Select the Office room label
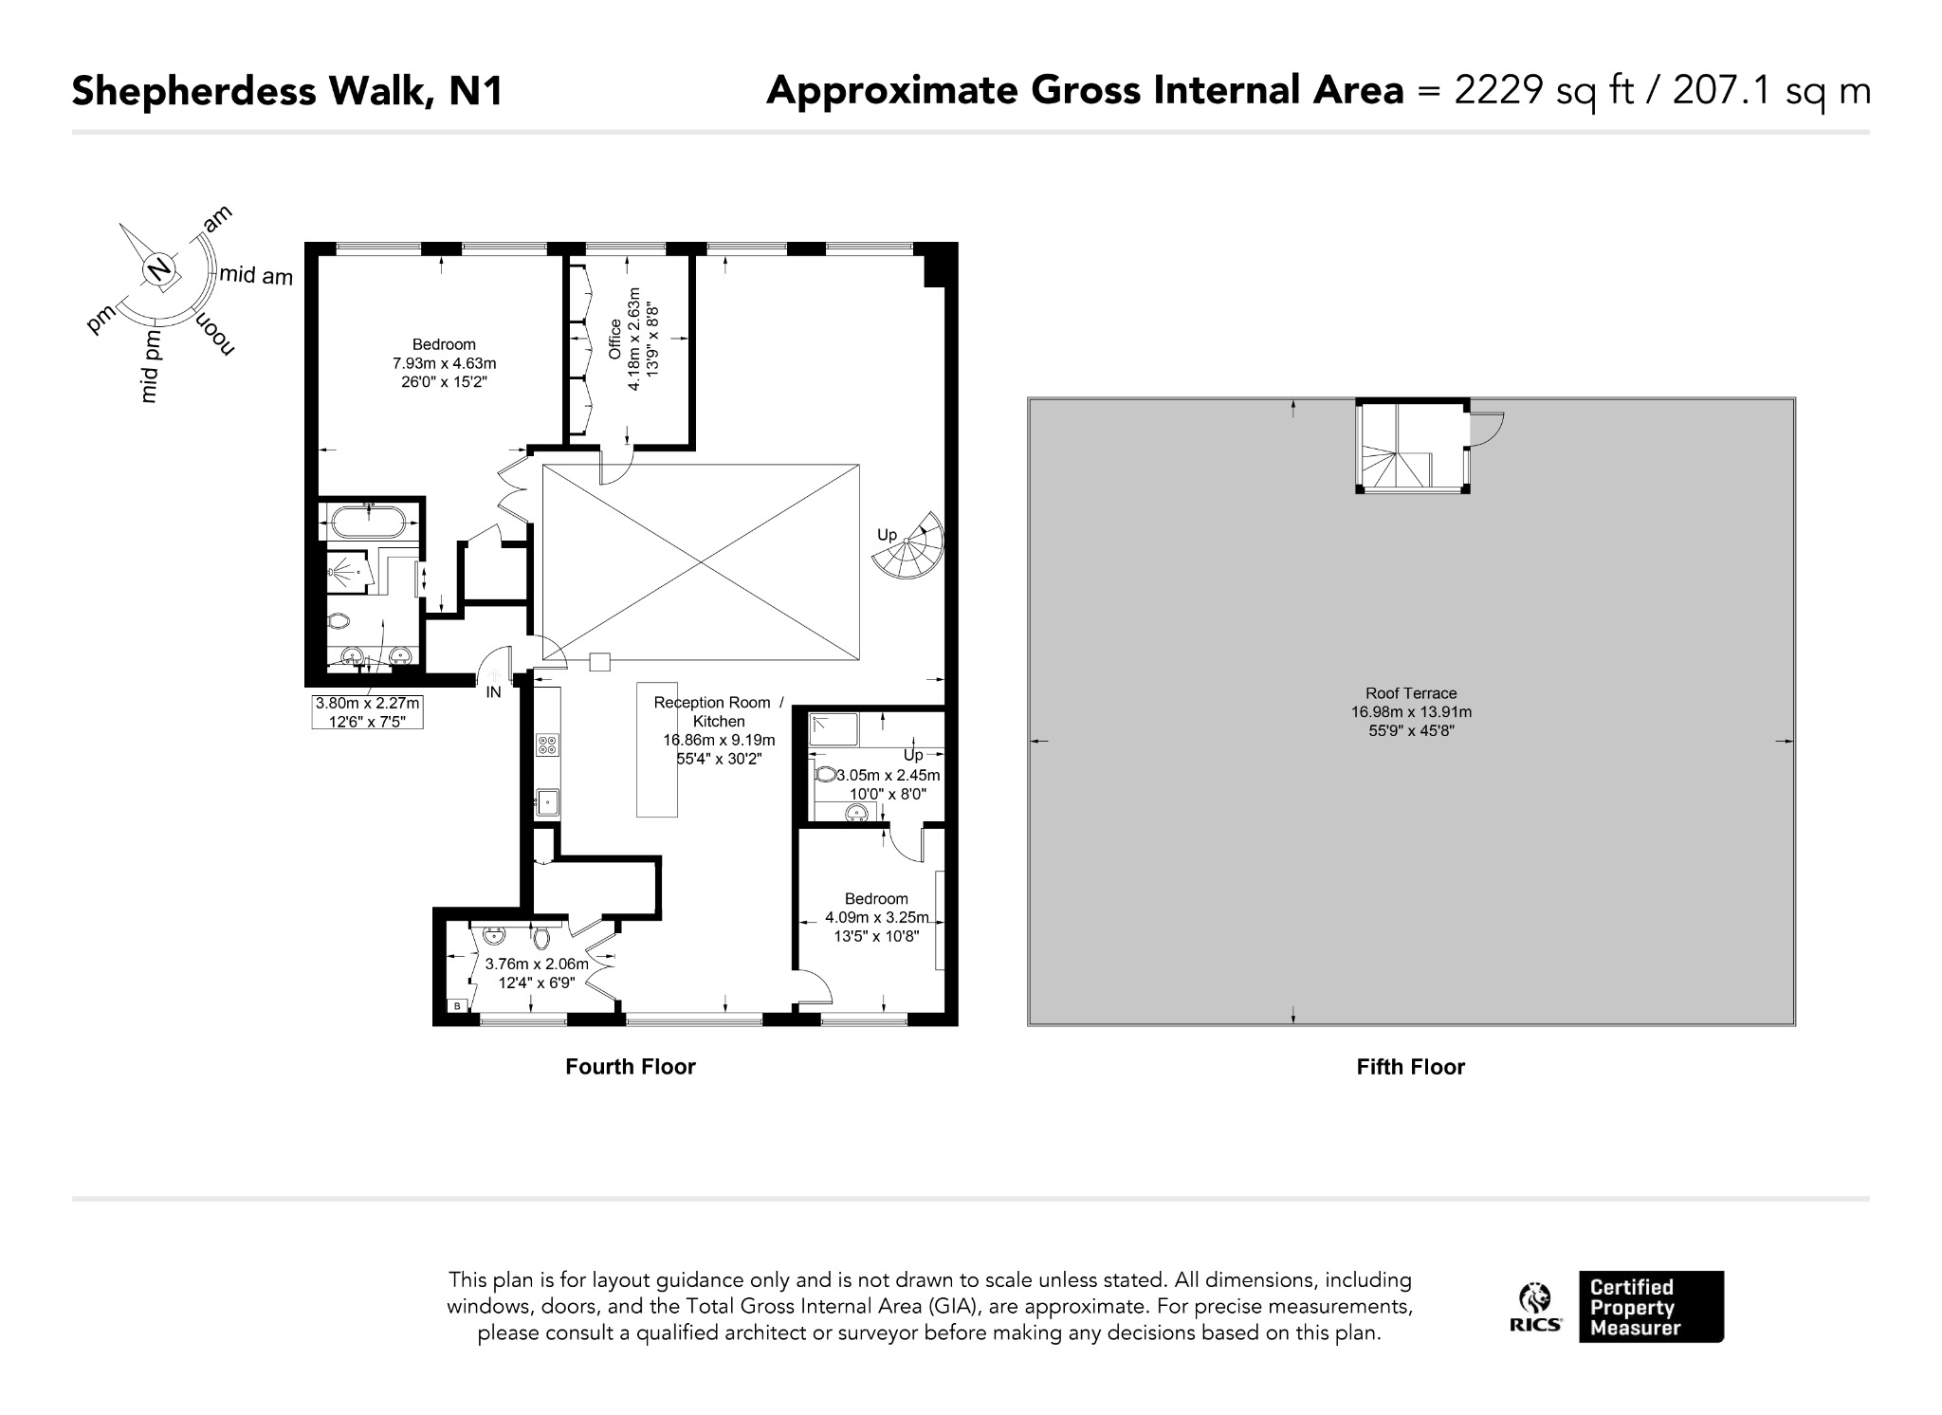click(614, 340)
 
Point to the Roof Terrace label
click(1411, 693)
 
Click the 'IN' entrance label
click(493, 693)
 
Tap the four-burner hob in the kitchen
click(547, 744)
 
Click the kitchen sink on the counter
click(548, 802)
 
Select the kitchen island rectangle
click(657, 749)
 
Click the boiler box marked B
click(458, 1005)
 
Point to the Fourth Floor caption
click(631, 1067)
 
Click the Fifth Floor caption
click(1411, 1067)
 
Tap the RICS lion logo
click(1535, 1307)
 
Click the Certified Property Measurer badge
click(1651, 1307)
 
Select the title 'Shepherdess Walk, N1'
click(287, 91)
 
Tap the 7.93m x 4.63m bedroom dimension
click(444, 363)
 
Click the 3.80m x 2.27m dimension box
click(368, 712)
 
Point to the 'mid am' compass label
click(256, 276)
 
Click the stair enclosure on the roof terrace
click(1413, 447)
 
